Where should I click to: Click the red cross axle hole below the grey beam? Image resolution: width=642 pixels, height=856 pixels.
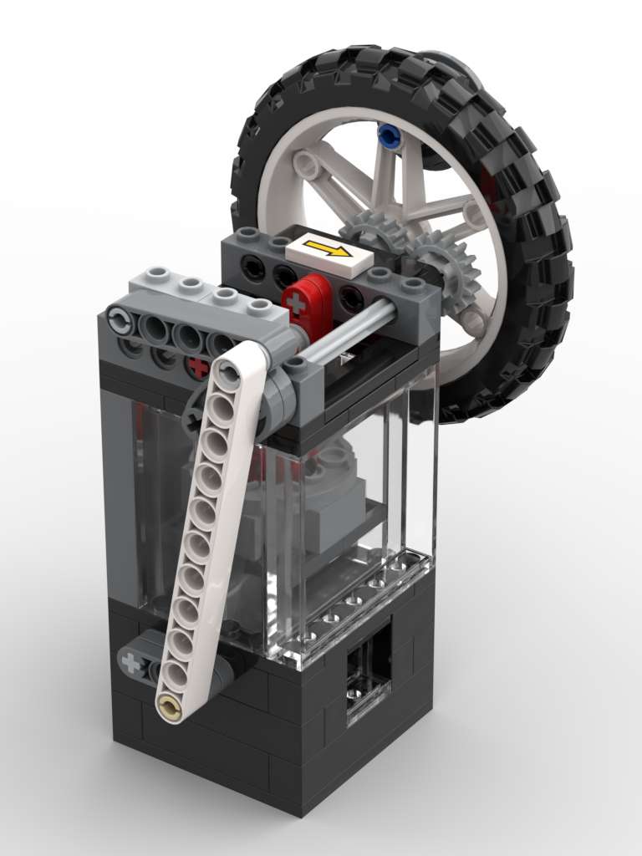[x=197, y=366]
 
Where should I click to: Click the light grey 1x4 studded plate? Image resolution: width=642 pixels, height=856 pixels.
[x=201, y=293]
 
